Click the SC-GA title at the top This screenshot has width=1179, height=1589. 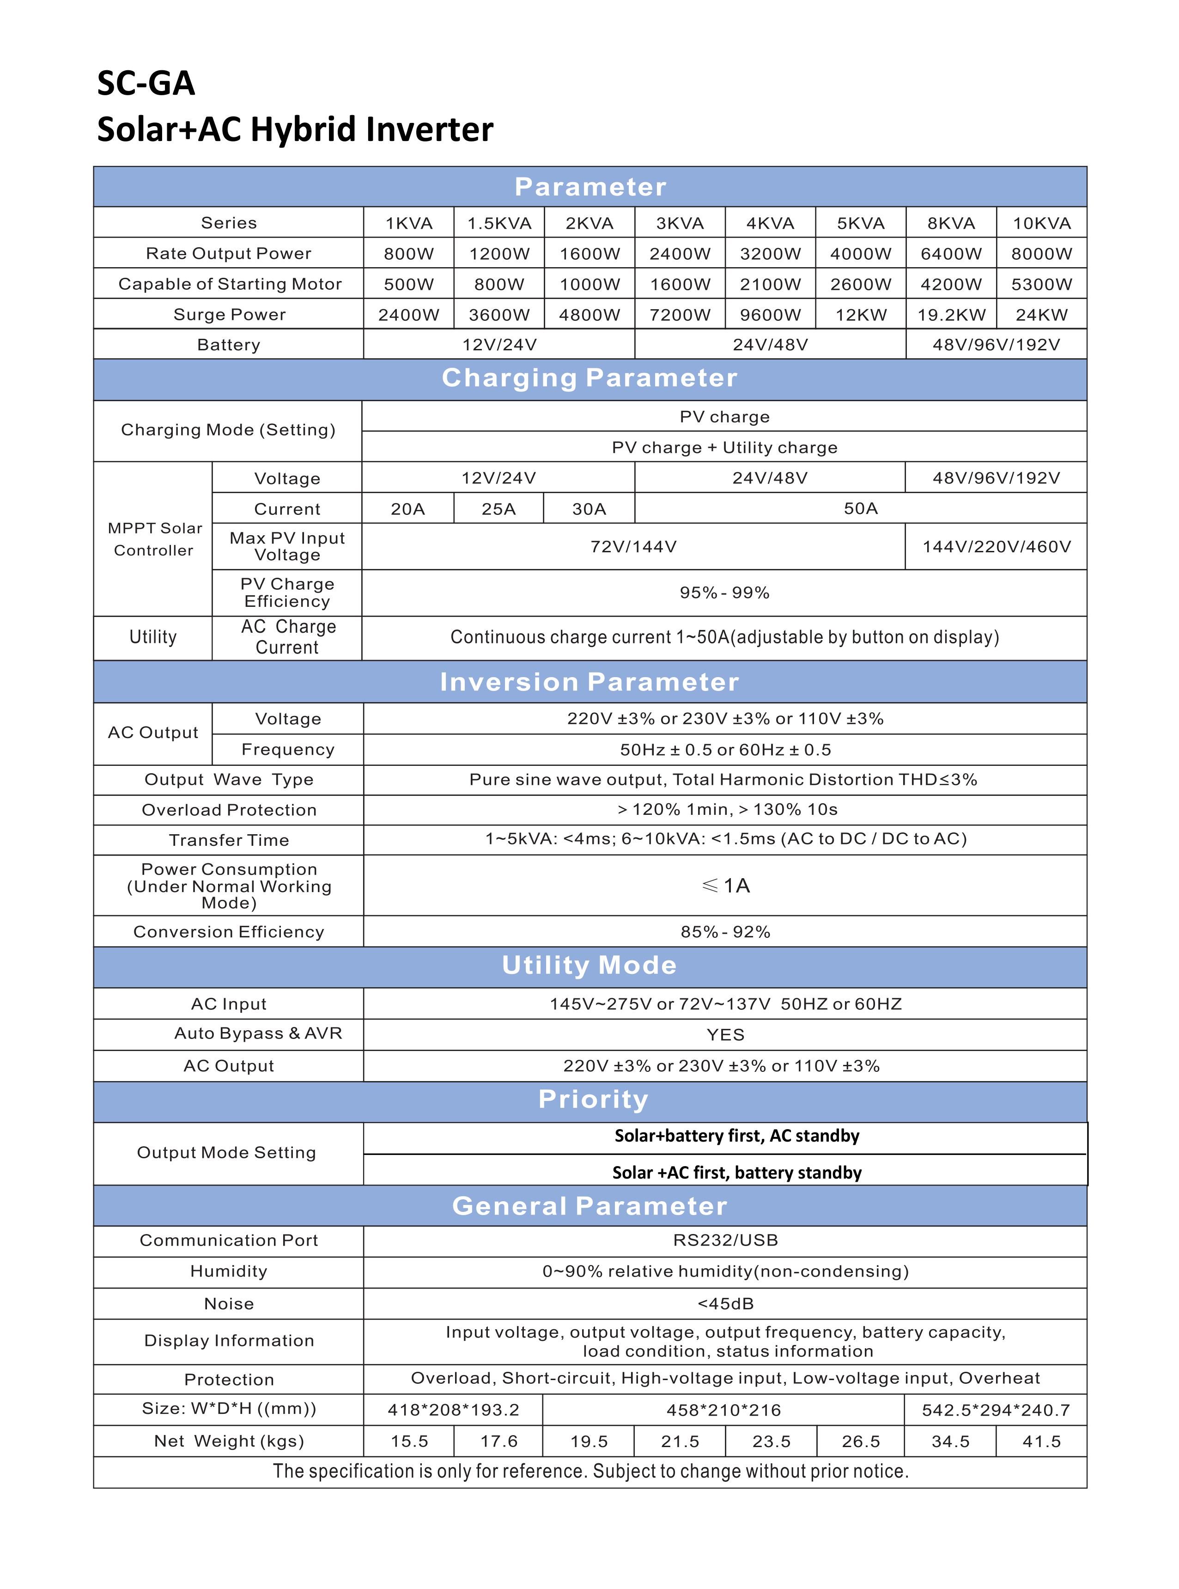point(146,84)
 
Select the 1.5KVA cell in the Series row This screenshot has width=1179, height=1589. point(499,223)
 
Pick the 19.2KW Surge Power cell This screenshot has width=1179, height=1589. point(951,315)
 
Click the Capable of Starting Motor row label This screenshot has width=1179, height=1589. point(230,284)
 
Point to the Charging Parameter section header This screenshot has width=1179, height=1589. point(589,378)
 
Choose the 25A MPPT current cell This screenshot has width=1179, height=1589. point(498,509)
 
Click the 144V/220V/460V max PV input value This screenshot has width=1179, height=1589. point(997,547)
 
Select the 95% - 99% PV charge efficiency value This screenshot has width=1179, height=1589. point(724,593)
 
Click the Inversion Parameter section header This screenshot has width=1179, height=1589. point(589,682)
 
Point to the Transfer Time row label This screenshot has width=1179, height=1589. point(229,840)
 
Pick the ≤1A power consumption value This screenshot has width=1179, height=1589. point(726,886)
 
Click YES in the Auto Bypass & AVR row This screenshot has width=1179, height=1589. point(725,1034)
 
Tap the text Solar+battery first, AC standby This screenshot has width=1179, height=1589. point(736,1136)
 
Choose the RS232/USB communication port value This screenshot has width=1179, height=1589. point(725,1240)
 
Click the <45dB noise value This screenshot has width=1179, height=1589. point(725,1303)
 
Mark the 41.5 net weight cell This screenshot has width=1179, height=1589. point(1041,1441)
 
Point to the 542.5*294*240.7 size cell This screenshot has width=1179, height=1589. point(996,1410)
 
